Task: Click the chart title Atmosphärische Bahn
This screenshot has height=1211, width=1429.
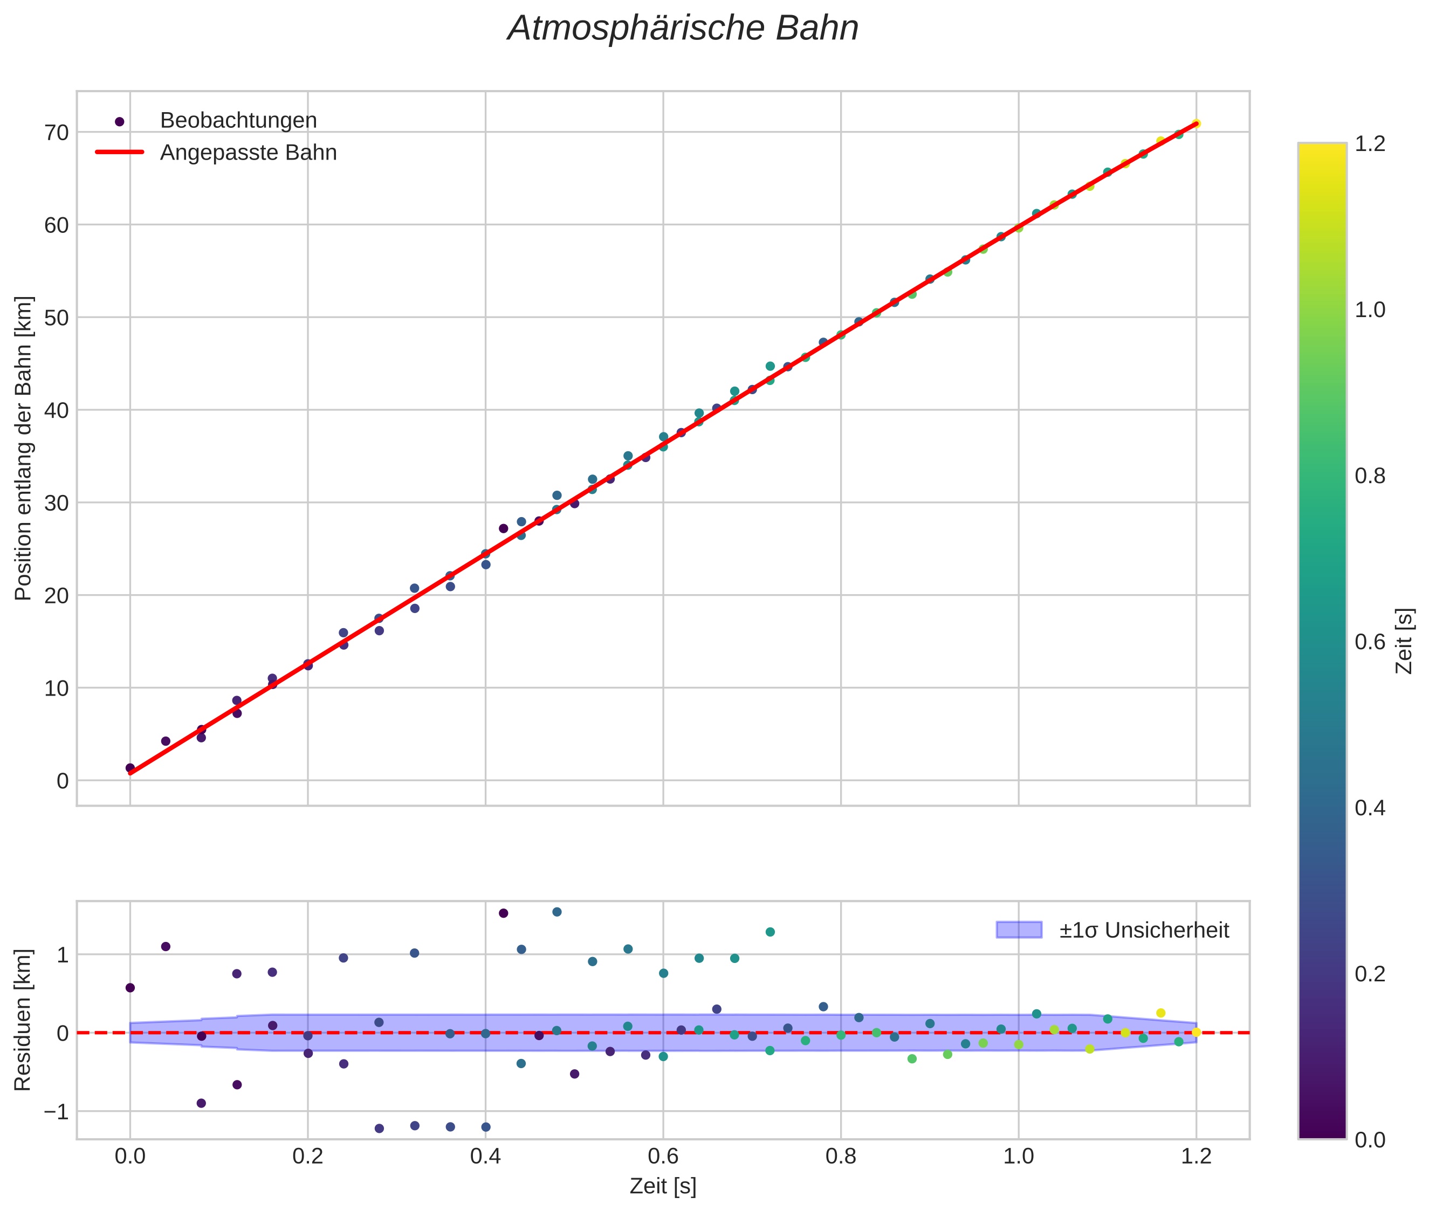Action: tap(683, 29)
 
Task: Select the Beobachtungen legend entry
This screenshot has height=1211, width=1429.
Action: tap(238, 121)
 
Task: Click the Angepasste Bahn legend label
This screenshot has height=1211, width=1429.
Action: tap(248, 153)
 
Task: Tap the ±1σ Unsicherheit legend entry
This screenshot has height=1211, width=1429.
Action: tap(1143, 930)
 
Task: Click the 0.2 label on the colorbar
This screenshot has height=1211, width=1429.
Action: tap(1370, 973)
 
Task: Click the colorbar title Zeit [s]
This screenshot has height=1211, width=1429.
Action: tap(1405, 641)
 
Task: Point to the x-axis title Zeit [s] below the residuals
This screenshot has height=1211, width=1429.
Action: tap(663, 1186)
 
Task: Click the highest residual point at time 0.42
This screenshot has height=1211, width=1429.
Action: tap(503, 913)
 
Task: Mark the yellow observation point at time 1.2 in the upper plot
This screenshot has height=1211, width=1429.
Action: tap(1196, 123)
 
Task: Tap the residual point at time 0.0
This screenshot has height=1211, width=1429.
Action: tap(130, 988)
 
